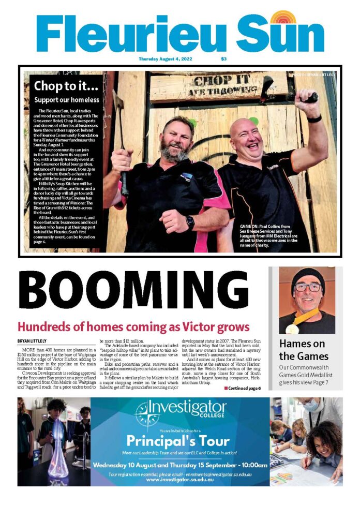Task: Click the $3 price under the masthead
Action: [223, 59]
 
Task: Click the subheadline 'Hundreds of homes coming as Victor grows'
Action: [133, 327]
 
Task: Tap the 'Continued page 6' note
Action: [242, 388]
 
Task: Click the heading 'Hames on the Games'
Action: [304, 350]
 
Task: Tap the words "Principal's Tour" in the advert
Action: [178, 441]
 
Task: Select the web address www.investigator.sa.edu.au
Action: [179, 480]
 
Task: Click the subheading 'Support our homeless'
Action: [66, 99]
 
